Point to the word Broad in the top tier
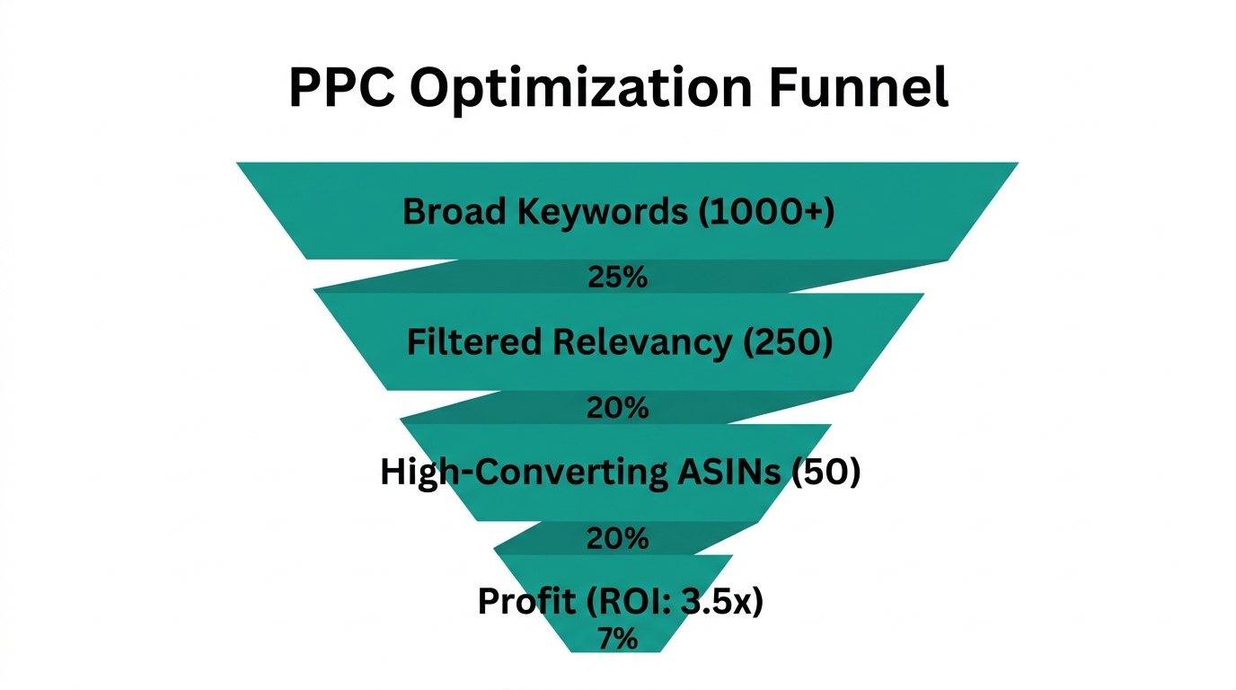tap(450, 211)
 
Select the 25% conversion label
tap(617, 278)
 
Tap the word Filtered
tap(474, 342)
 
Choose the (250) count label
tap(789, 342)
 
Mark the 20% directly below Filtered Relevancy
tap(617, 408)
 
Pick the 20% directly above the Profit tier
tap(617, 539)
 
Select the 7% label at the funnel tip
tap(617, 639)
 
